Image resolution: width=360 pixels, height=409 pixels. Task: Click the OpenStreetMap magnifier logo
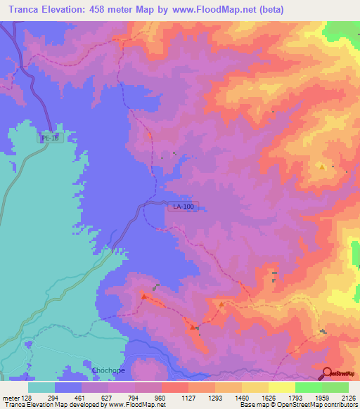point(328,373)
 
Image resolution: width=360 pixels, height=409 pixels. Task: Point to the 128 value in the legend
point(27,396)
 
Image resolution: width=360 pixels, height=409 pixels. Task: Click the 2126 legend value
point(348,396)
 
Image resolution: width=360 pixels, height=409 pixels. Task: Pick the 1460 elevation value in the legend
point(241,396)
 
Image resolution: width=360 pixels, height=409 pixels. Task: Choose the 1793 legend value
point(295,396)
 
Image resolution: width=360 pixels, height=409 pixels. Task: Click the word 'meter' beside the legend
point(10,396)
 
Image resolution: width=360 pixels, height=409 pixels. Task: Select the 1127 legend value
point(188,396)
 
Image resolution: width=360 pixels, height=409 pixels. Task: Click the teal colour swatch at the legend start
point(41,387)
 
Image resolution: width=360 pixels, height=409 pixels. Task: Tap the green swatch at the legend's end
point(335,387)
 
